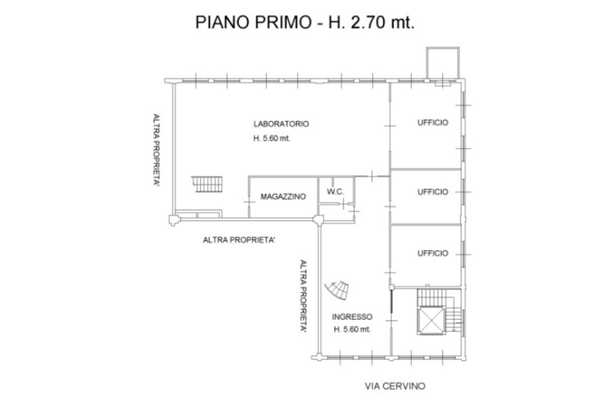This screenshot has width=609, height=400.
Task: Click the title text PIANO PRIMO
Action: tap(252, 22)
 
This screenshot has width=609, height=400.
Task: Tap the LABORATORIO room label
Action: tap(281, 124)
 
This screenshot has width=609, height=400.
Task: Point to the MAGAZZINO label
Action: tap(283, 196)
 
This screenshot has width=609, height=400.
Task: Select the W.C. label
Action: tap(335, 191)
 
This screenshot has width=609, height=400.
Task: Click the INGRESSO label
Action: tap(352, 317)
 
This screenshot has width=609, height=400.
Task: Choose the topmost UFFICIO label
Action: tap(433, 123)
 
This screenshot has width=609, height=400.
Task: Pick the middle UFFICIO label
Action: tap(433, 192)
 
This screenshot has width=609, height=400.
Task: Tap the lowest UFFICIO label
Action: tap(433, 254)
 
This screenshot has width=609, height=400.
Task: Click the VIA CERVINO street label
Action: tap(395, 386)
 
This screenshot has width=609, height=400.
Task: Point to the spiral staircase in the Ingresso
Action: tap(337, 290)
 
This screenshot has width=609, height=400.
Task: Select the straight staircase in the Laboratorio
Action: tap(207, 184)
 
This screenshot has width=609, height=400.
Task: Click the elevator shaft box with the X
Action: tap(431, 320)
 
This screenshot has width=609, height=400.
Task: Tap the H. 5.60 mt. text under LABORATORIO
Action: tap(271, 139)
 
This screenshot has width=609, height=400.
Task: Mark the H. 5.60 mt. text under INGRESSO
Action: tap(352, 329)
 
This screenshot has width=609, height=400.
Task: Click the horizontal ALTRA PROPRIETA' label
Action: tap(239, 240)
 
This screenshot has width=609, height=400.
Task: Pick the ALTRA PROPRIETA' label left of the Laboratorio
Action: tap(156, 150)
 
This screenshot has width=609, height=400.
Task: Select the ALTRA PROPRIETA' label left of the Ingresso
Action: tap(303, 296)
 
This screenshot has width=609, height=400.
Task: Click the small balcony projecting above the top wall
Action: tap(443, 63)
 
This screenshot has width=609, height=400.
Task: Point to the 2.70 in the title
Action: tap(368, 22)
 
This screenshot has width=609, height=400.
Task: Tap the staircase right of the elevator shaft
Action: tap(453, 315)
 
